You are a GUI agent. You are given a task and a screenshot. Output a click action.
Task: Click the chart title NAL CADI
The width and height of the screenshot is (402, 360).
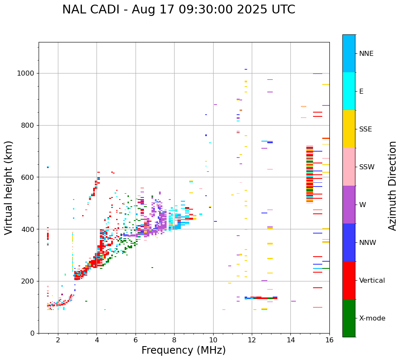click(x=178, y=10)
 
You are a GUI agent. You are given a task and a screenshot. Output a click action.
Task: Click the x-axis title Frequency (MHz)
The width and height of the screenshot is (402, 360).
click(x=183, y=350)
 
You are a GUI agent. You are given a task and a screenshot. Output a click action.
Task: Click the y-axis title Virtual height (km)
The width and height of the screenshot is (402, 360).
click(x=9, y=187)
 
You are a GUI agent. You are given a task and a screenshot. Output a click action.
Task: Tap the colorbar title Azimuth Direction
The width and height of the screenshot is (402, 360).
click(x=392, y=185)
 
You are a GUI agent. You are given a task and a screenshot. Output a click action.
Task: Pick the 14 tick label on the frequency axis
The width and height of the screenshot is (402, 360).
click(x=290, y=340)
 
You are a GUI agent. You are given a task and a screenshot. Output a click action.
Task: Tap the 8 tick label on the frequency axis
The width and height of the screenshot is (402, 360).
click(x=174, y=340)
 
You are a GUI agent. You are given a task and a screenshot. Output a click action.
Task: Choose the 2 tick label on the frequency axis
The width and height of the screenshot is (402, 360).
click(x=58, y=340)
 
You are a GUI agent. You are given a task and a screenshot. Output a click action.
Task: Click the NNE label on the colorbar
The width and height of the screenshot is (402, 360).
click(x=366, y=54)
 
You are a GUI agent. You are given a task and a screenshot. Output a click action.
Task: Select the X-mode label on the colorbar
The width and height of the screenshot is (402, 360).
click(x=372, y=318)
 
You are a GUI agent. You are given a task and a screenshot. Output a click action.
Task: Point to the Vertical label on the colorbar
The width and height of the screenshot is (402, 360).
click(x=372, y=281)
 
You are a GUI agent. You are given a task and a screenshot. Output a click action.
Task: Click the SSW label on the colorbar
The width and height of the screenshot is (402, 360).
click(x=367, y=167)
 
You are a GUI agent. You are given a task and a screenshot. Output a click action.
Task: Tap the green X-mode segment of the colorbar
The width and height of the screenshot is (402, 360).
click(x=349, y=318)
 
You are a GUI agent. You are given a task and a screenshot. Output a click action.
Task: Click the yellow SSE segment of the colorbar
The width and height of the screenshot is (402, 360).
click(x=349, y=129)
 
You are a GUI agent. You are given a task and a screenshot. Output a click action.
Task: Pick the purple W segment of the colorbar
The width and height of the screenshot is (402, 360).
click(x=349, y=205)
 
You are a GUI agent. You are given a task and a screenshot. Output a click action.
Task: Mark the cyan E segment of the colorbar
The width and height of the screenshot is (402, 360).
click(x=349, y=91)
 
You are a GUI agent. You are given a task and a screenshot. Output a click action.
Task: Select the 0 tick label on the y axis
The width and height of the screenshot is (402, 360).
click(x=32, y=333)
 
